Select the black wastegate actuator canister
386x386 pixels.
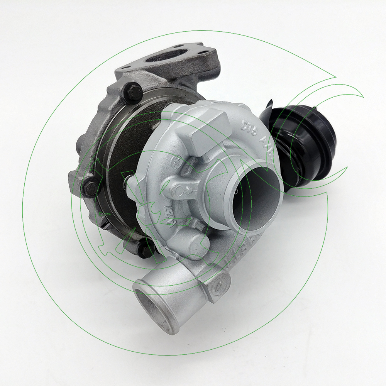[x=305, y=143]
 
